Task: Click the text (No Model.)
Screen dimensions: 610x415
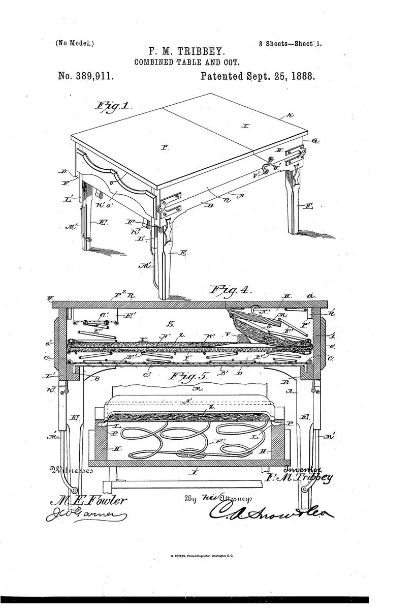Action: [75, 43]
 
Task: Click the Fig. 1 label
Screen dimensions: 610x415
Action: [113, 107]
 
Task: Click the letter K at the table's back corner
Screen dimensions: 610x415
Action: [290, 116]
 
